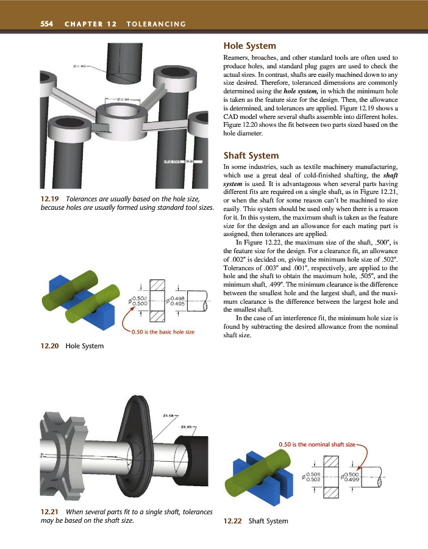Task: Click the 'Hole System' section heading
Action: pyautogui.click(x=250, y=46)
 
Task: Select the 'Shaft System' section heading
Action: pyautogui.click(x=251, y=156)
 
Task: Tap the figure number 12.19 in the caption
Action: pyautogui.click(x=50, y=199)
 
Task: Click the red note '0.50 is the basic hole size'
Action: pyautogui.click(x=163, y=332)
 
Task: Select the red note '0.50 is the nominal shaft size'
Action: pyautogui.click(x=316, y=444)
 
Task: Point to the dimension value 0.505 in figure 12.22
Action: pyautogui.click(x=314, y=473)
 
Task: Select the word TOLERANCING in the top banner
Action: pyautogui.click(x=155, y=24)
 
